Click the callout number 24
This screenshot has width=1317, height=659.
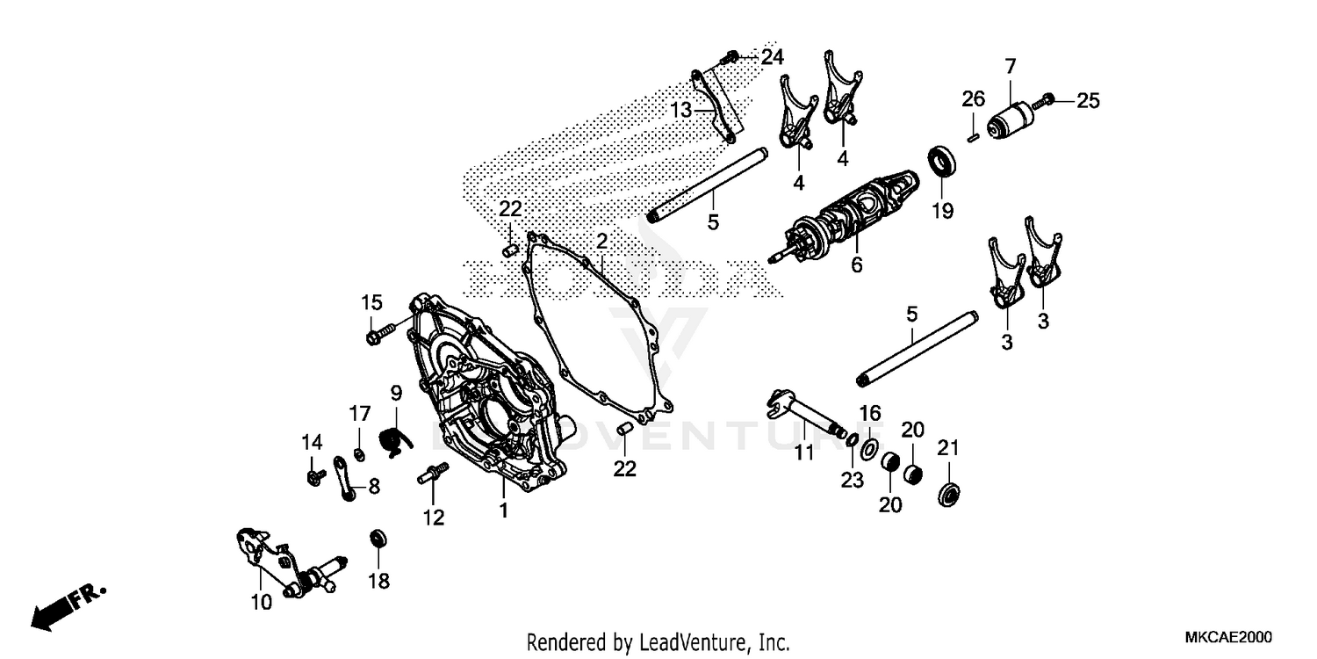[773, 58]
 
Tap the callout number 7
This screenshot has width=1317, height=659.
[1011, 66]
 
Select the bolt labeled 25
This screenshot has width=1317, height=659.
[1047, 103]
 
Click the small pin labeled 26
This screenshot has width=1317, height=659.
[973, 135]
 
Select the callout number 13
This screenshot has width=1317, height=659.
[682, 110]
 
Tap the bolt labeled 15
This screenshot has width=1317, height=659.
[377, 335]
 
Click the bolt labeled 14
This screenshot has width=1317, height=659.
[313, 476]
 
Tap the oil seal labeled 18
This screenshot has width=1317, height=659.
[378, 537]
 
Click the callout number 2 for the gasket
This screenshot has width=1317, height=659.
[602, 241]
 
